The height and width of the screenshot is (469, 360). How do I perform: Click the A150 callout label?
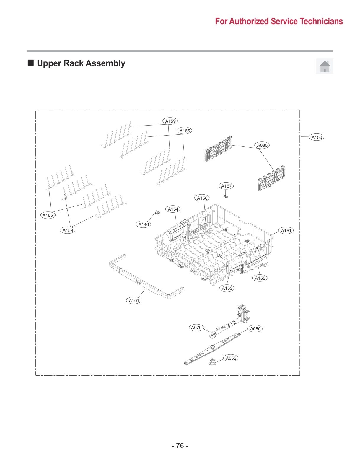[317, 137]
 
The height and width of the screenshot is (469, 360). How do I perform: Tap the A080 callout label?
[262, 145]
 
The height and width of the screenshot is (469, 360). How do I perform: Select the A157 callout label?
[227, 186]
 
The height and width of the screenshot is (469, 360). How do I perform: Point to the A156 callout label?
[202, 198]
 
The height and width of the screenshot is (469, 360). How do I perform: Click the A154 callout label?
[173, 209]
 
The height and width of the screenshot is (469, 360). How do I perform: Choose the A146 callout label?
[144, 224]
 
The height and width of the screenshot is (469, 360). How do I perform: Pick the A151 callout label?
[286, 230]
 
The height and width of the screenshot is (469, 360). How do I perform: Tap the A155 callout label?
[260, 278]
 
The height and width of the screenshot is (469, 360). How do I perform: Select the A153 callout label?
[227, 288]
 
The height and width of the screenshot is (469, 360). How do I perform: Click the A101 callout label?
[134, 300]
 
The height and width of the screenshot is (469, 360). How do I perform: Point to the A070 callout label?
[196, 327]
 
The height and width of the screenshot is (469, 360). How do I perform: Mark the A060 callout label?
[255, 328]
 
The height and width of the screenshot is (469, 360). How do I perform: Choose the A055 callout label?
[231, 358]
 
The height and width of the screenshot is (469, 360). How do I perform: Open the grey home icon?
[325, 66]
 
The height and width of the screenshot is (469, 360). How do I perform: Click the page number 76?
[180, 445]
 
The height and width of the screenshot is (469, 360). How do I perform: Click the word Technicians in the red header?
[321, 21]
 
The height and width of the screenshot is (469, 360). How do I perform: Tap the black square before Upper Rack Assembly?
[31, 63]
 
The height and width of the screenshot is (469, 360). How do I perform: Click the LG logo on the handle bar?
[138, 282]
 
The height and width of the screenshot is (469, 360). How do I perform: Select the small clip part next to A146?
[157, 212]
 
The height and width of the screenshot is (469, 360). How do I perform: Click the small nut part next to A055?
[212, 361]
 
